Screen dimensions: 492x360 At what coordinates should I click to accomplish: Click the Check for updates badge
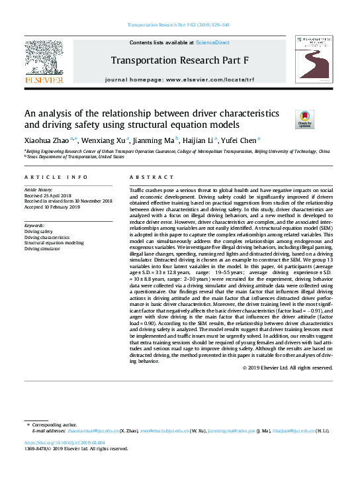(x=304, y=120)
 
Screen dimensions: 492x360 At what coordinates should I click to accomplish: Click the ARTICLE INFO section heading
(x=56, y=177)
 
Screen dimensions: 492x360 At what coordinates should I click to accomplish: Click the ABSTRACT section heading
(x=146, y=177)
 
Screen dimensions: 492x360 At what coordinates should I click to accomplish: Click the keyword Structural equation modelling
(x=54, y=243)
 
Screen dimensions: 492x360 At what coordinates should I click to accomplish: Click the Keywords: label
(x=37, y=225)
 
